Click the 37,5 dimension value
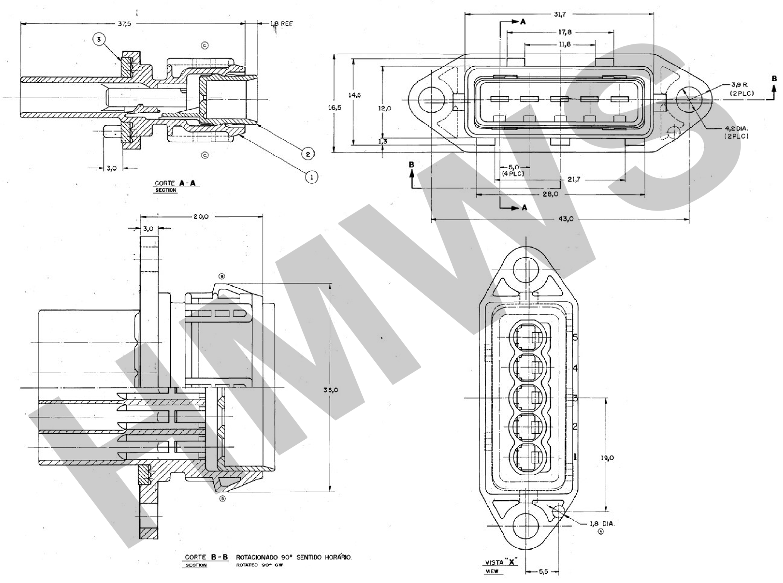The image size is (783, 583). [125, 24]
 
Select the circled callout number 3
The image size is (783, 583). [99, 40]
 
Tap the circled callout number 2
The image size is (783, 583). [308, 154]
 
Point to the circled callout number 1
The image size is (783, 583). [311, 177]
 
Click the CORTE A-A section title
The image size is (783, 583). [177, 183]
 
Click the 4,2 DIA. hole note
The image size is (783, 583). [736, 132]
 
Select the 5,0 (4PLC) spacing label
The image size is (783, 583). [513, 170]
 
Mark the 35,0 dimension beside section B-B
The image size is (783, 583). [331, 390]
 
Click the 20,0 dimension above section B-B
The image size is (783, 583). [201, 217]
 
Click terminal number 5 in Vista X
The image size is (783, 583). [575, 337]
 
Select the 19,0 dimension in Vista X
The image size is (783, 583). [607, 458]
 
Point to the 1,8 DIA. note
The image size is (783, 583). [602, 524]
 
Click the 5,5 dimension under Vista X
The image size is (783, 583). [543, 572]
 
